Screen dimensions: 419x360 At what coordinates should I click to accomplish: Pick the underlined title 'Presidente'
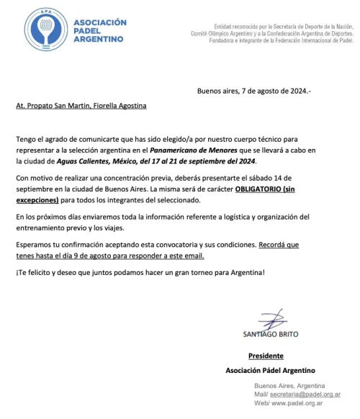(266, 356)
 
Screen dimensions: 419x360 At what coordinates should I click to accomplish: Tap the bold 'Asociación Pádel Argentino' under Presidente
(271, 370)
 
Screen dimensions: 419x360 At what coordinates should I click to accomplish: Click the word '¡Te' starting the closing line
(21, 272)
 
